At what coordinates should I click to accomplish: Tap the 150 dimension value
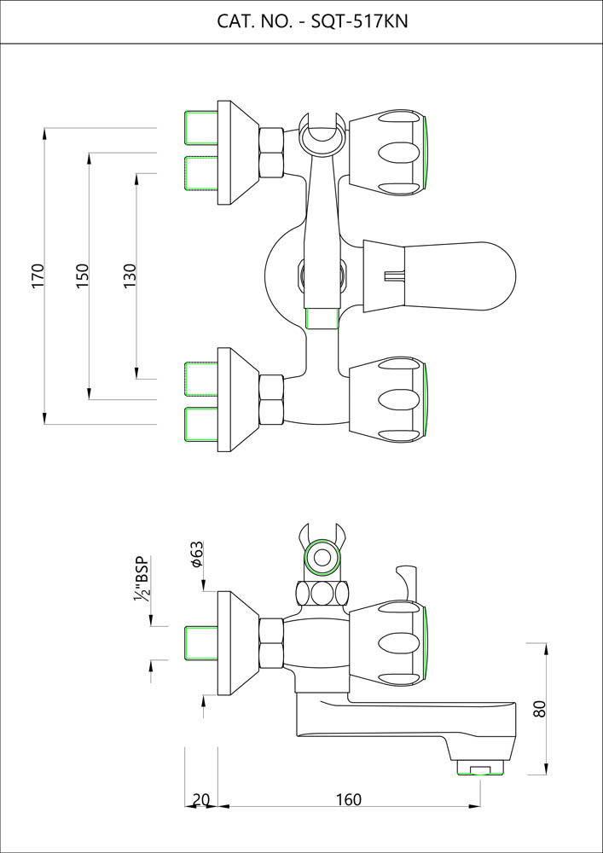[83, 276]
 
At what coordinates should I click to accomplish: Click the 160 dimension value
[348, 799]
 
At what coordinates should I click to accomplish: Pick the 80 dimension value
[538, 709]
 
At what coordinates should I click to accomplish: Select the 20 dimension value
[201, 799]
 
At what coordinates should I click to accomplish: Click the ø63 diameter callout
[195, 554]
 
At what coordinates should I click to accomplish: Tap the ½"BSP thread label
[141, 580]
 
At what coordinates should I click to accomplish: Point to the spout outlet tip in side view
[483, 769]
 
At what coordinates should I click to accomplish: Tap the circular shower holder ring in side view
[322, 560]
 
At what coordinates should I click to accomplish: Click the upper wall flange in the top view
[235, 153]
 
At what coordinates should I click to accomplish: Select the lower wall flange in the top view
[235, 397]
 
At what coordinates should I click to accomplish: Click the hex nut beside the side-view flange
[271, 641]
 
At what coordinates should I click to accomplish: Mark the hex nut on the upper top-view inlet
[271, 153]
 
